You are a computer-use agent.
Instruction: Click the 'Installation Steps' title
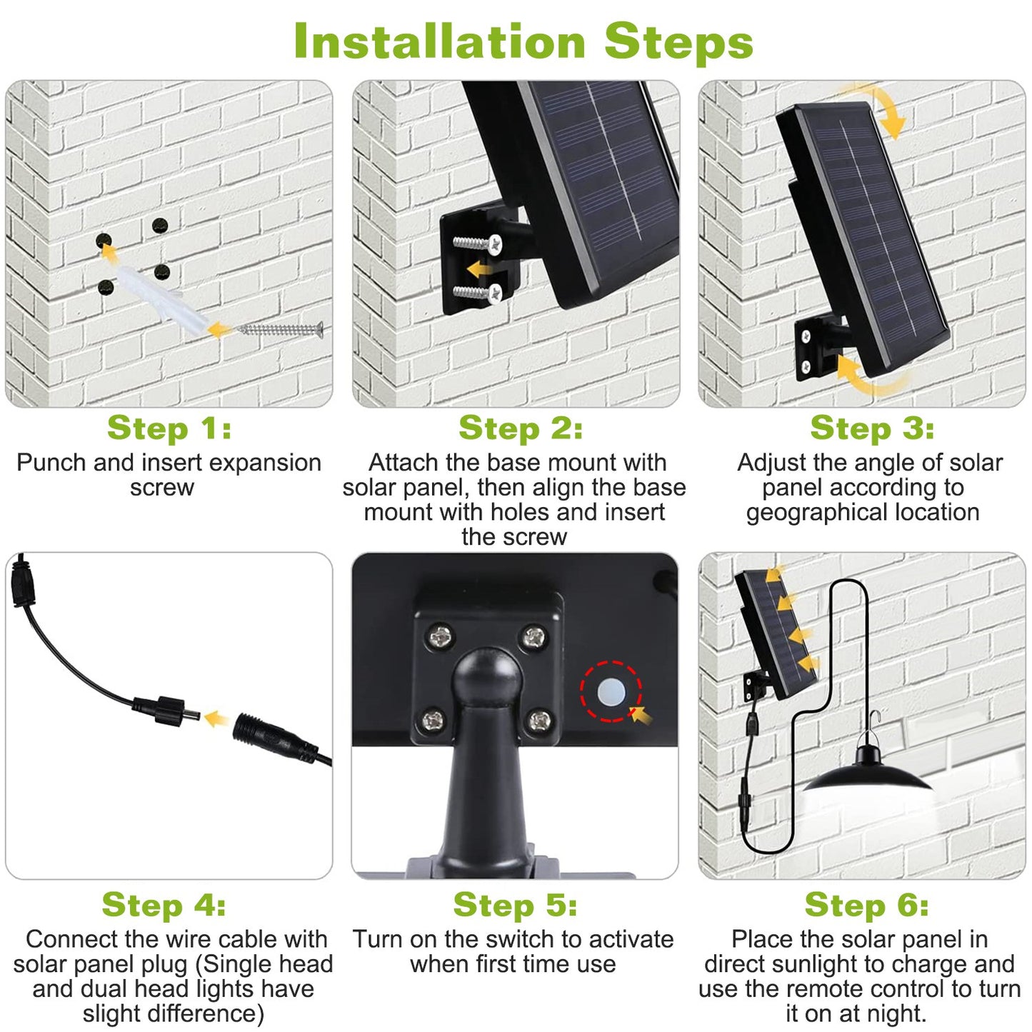523,41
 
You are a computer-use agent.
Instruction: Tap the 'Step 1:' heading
169,429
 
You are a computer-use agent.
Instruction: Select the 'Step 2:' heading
521,429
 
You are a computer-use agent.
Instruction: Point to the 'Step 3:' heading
872,429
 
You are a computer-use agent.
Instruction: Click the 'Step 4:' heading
164,905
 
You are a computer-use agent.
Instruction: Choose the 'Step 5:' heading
515,905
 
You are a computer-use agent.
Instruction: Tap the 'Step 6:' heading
866,905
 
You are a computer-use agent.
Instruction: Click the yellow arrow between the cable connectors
216,718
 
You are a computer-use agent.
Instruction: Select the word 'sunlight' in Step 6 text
828,963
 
